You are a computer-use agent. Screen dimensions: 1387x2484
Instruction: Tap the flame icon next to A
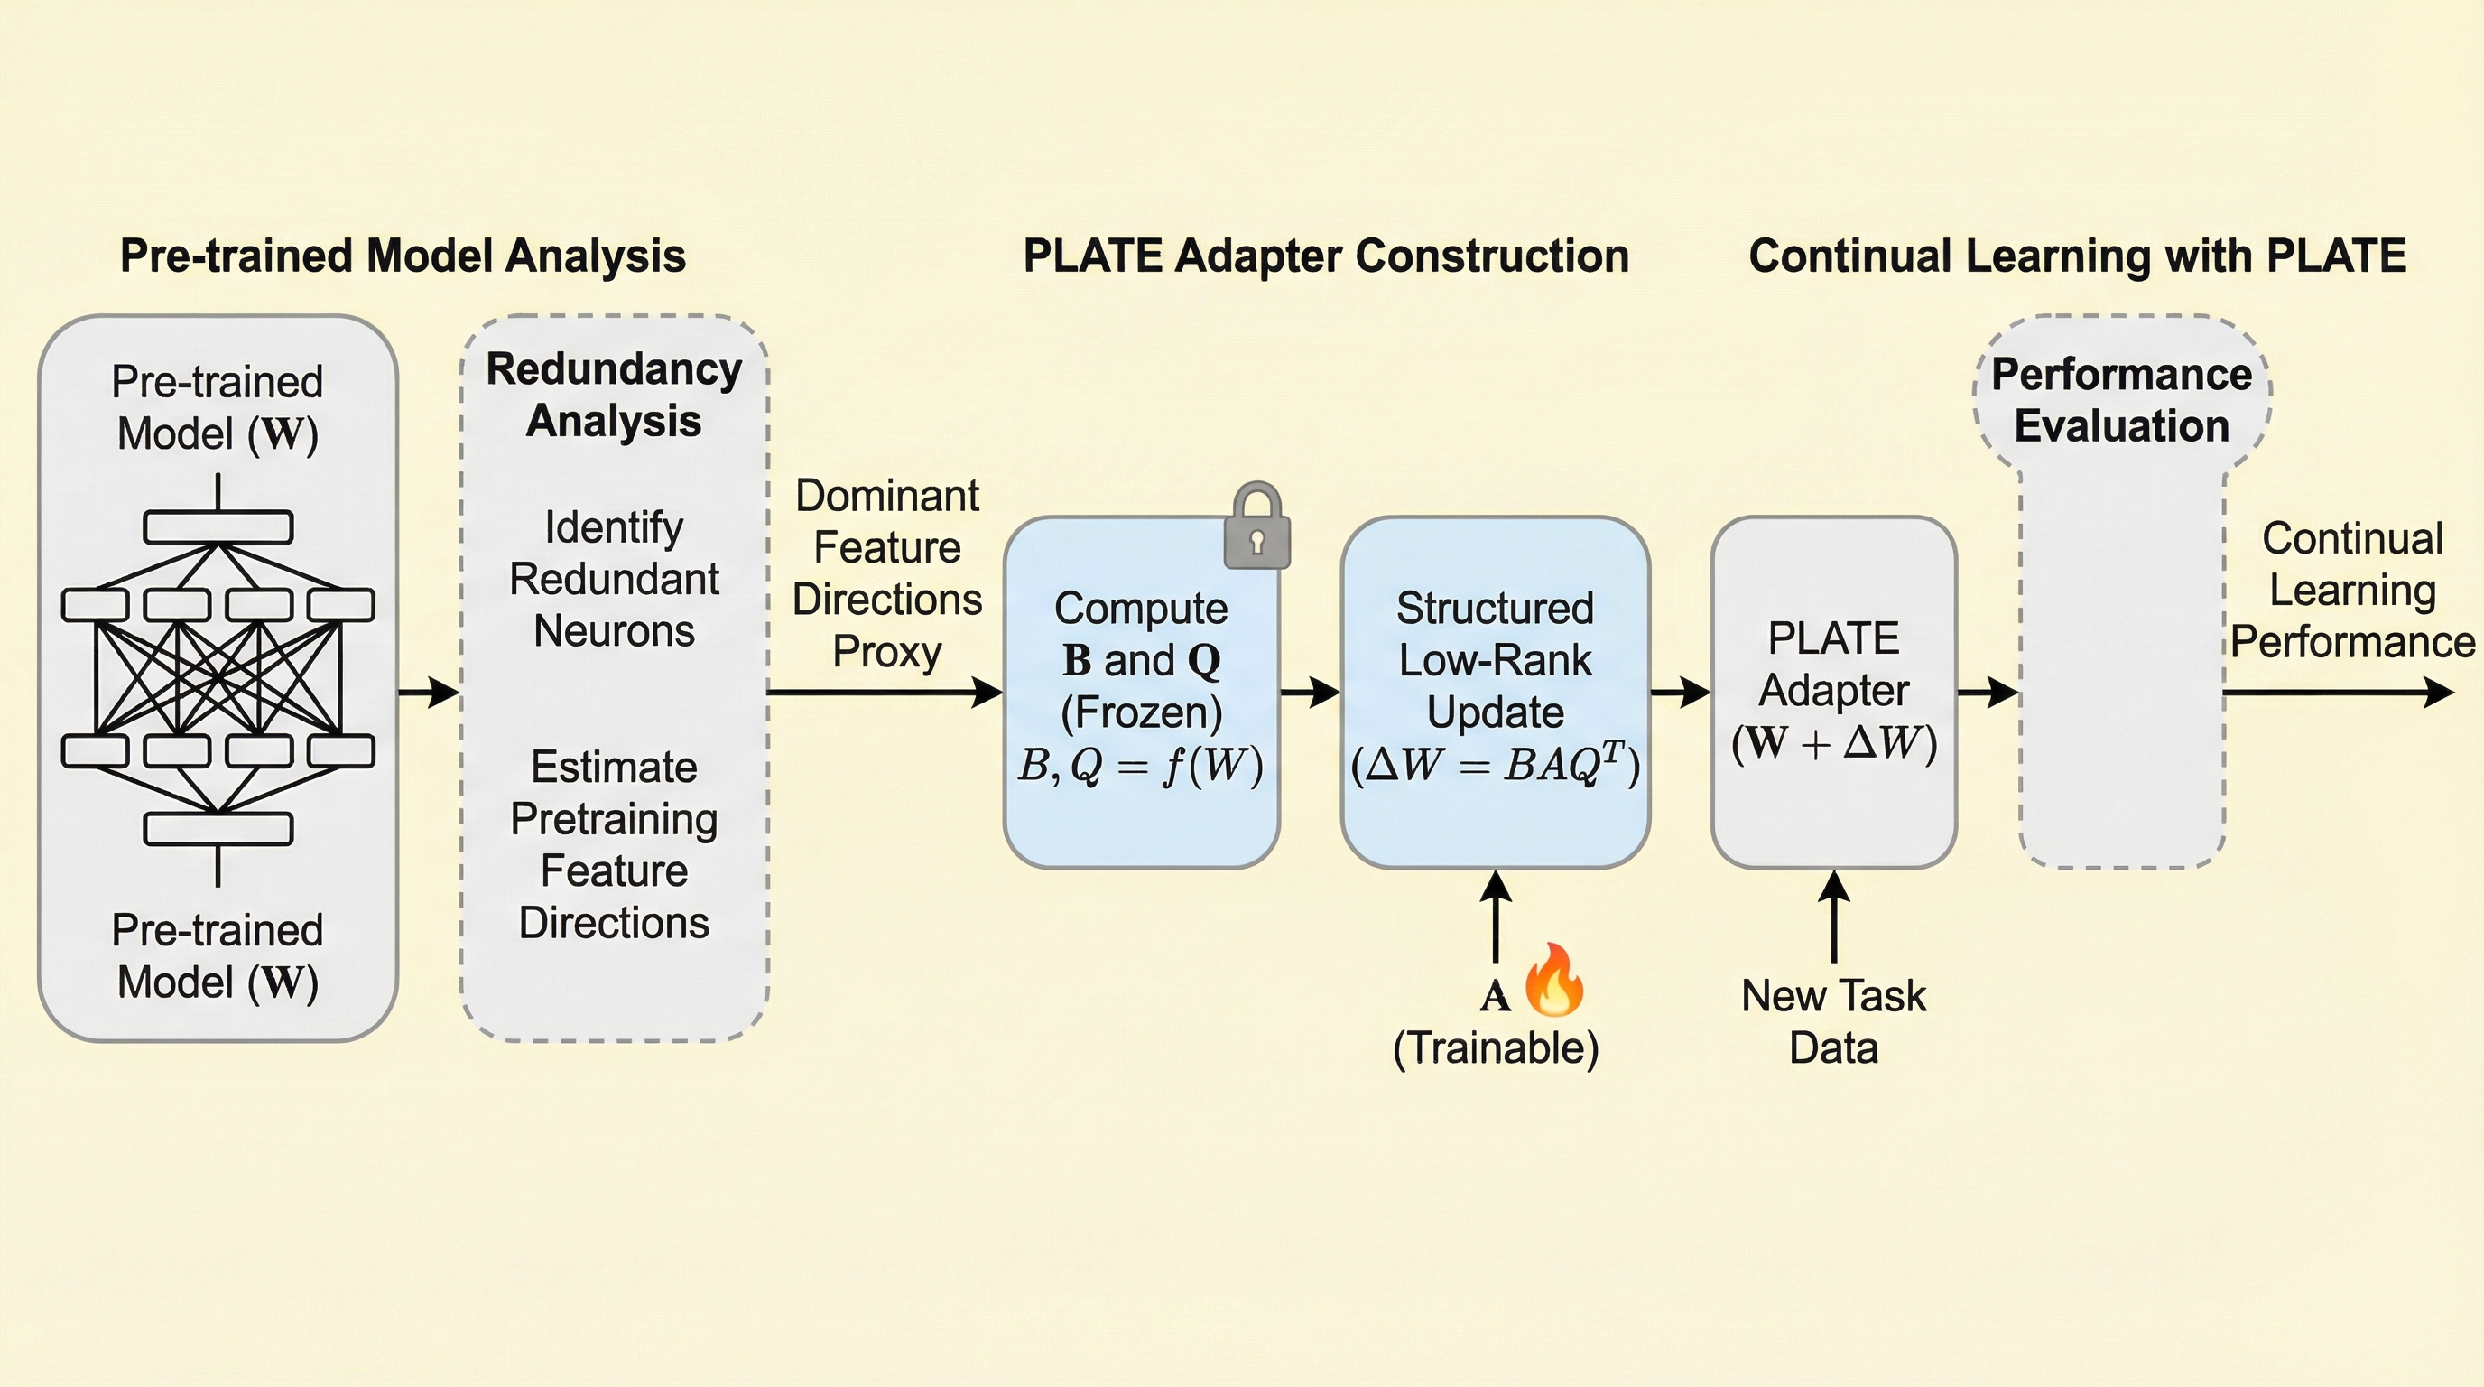[1554, 981]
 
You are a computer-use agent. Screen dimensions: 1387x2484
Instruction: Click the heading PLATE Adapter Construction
[1326, 256]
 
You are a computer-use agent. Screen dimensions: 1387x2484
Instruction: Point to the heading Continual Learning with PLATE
[2077, 256]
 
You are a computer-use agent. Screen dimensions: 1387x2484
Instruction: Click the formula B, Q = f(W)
[1140, 766]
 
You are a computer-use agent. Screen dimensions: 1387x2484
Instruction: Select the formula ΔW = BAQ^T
[1495, 766]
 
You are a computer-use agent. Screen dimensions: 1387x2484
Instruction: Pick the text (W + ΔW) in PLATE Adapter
[1833, 742]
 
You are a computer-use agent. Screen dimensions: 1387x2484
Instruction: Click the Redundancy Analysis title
[615, 396]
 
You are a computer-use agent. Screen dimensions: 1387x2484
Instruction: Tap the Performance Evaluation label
[2121, 400]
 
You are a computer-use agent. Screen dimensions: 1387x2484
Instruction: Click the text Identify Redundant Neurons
[615, 580]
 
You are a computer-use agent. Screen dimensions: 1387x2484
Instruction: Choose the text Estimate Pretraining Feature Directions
[615, 845]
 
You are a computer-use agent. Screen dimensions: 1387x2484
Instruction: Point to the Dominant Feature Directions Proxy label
[886, 574]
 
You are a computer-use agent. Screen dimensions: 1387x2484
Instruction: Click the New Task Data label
[1833, 1021]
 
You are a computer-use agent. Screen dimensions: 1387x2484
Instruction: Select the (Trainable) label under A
[1495, 1048]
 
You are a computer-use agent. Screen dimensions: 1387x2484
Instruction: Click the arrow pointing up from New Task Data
[1833, 917]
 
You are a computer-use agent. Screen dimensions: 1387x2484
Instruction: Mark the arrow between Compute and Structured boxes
[1310, 692]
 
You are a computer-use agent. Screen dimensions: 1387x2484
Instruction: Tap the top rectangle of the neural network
[218, 527]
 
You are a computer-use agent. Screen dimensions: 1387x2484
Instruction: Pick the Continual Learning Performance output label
[2352, 591]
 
